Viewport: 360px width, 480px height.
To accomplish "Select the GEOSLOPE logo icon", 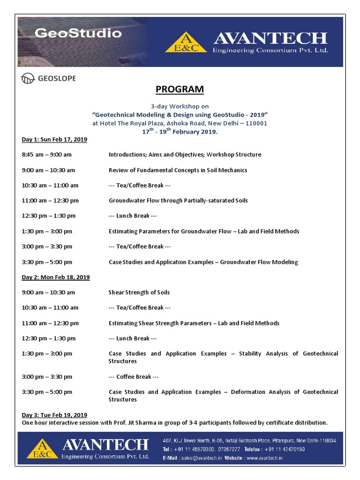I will point(28,78).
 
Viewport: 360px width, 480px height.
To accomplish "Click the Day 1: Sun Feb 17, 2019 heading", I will point(54,139).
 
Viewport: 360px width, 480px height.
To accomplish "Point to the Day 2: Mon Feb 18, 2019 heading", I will point(56,277).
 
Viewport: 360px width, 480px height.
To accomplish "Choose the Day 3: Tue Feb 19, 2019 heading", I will point(54,415).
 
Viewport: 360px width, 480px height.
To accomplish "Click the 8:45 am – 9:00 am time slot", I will point(47,154).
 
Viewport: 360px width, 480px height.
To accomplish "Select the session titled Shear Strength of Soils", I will point(139,292).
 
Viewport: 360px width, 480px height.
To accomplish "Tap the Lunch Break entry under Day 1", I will point(133,216).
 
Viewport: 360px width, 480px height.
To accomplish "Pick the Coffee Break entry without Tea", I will point(134,376).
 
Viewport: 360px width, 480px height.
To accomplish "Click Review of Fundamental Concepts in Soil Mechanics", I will point(178,170).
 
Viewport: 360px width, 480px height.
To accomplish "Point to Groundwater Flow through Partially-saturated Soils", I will point(178,200).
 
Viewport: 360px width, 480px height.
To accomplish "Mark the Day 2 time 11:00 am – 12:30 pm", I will point(50,323).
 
